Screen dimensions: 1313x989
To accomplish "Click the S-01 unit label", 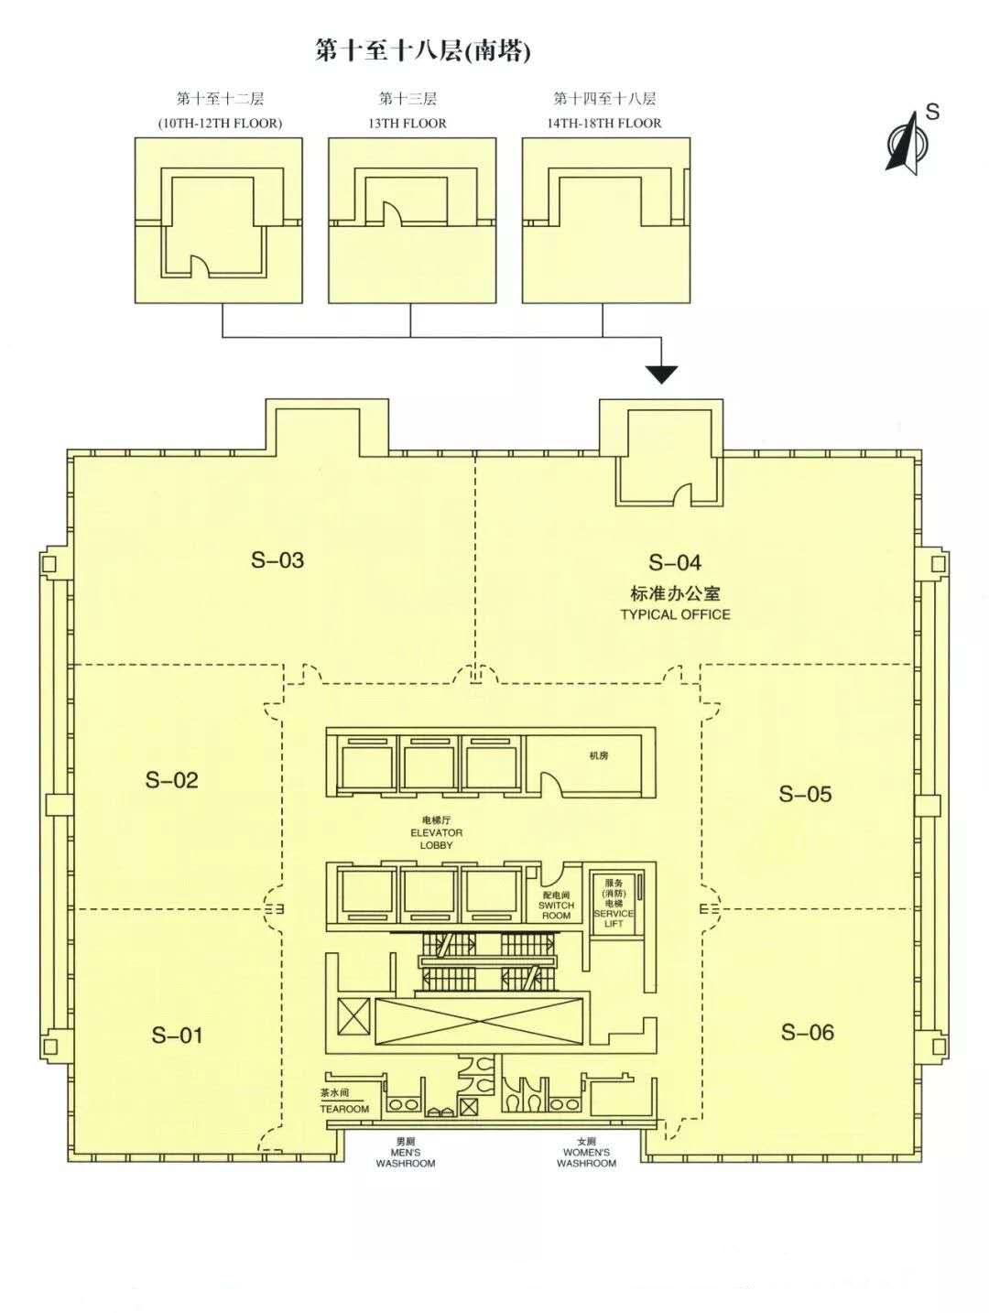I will [177, 1036].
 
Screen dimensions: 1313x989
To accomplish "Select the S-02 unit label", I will [171, 780].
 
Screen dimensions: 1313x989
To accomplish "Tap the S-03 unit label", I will [277, 560].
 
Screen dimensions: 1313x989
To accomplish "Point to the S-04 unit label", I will [675, 563].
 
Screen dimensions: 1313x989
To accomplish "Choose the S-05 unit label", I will [805, 794].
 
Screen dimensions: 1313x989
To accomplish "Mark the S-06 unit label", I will [807, 1033].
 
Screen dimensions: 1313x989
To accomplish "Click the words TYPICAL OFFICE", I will [675, 614].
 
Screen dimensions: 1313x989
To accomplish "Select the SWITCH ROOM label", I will [556, 910].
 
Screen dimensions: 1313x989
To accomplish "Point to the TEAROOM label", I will [344, 1109].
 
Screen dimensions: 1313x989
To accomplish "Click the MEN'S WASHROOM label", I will [406, 1157].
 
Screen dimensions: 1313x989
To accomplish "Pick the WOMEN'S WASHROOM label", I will [586, 1157].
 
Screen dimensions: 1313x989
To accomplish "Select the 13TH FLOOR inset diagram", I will [412, 220].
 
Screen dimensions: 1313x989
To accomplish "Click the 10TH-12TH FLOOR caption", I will [219, 123].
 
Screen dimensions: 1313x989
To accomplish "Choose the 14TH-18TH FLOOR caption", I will [604, 123].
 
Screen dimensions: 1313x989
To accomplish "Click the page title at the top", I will [422, 50].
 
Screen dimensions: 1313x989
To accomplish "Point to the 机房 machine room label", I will [599, 756].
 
